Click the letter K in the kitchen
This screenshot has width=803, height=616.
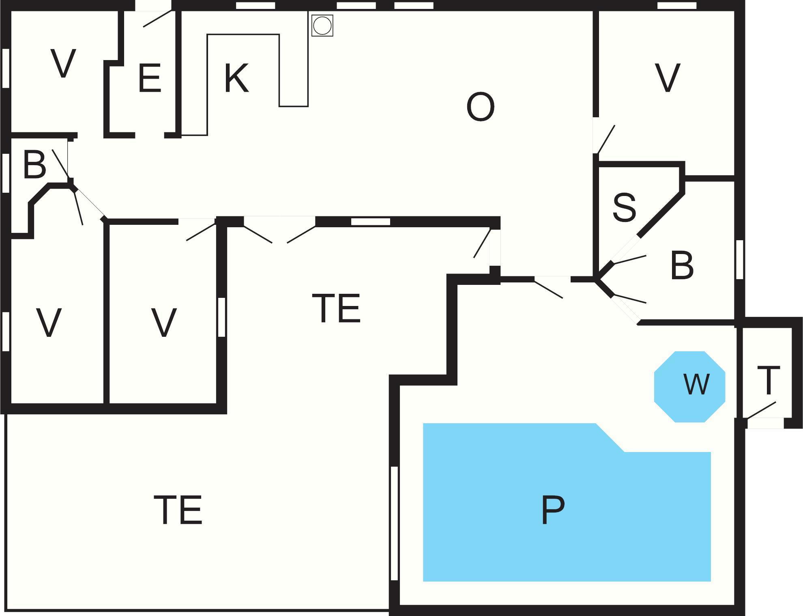236,78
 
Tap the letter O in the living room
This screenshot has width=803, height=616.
481,107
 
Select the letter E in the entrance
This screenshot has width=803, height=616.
150,78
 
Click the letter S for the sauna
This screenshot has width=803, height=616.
624,207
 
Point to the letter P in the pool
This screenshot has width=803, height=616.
553,510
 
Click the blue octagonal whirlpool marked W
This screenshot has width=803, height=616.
689,386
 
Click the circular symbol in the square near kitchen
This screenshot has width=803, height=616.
322,26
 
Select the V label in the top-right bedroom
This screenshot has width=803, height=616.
667,78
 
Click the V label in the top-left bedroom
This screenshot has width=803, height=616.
63,64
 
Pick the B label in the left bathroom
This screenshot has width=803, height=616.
34,165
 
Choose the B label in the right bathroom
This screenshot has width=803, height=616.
682,265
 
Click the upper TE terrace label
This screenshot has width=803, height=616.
336,308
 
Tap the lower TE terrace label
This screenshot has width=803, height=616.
178,510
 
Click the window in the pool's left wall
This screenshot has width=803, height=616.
394,523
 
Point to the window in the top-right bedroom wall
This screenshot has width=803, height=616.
676,6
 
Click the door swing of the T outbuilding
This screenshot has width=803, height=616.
761,411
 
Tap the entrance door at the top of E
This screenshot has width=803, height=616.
157,19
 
